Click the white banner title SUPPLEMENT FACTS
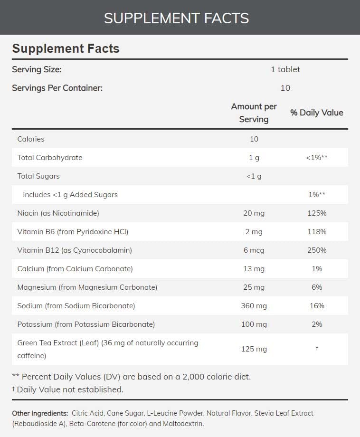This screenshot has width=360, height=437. [176, 18]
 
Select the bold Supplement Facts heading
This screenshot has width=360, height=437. [66, 48]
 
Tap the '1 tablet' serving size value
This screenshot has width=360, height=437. [285, 69]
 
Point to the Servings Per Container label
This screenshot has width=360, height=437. [57, 88]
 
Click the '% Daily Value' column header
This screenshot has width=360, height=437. [316, 113]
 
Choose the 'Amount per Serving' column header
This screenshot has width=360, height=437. [254, 113]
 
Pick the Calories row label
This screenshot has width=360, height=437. [31, 139]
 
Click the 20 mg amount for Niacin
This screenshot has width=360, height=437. [254, 213]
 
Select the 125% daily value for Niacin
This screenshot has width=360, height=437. [316, 213]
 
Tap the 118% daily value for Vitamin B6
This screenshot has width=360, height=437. [316, 232]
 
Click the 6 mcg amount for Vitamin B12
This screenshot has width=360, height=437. [254, 250]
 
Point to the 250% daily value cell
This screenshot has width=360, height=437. [316, 250]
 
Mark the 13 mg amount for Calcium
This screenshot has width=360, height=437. [254, 269]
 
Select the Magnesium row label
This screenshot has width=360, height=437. [87, 287]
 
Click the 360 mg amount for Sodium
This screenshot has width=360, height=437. [254, 306]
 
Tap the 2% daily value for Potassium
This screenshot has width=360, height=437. [316, 324]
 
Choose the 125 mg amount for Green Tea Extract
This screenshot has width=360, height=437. [254, 349]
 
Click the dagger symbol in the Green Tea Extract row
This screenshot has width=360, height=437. [316, 349]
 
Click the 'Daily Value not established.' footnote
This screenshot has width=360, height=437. [70, 389]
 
